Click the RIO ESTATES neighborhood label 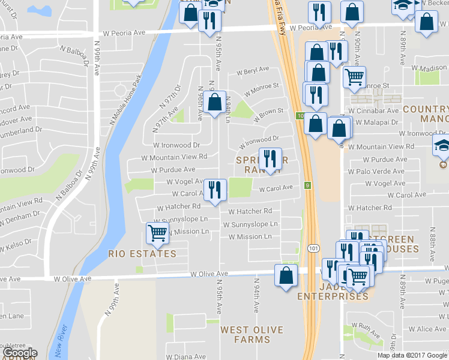click(142, 254)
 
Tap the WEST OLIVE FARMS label click(245, 334)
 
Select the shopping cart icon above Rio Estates click(157, 233)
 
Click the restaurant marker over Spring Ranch click(270, 158)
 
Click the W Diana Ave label click(185, 357)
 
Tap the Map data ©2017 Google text click(411, 355)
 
